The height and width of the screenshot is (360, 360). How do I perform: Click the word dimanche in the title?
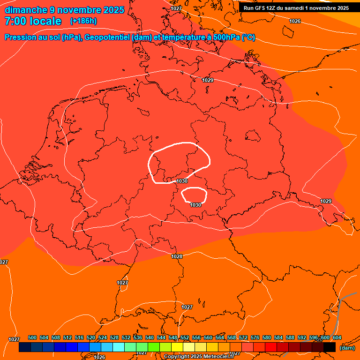click(x=25, y=10)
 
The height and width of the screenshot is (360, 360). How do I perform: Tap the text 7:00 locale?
click(x=33, y=21)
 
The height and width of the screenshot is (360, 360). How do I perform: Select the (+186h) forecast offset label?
click(x=83, y=21)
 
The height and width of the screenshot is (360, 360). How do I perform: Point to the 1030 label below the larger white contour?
click(x=182, y=181)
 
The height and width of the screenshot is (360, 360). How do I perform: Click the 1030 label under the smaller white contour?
click(x=195, y=205)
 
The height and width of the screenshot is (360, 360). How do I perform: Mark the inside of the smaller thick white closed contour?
click(x=194, y=195)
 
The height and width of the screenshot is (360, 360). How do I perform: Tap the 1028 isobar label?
click(x=177, y=256)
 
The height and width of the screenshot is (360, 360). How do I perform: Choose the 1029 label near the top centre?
click(x=208, y=80)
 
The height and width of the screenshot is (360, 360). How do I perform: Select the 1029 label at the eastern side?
click(x=326, y=201)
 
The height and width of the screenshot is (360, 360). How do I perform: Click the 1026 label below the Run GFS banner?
click(x=295, y=22)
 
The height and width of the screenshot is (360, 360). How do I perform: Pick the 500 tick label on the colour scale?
click(x=32, y=337)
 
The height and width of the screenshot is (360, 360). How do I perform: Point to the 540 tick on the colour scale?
click(x=150, y=337)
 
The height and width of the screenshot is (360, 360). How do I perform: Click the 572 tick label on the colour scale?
click(x=243, y=337)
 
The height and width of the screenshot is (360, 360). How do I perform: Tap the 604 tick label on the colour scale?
click(x=337, y=337)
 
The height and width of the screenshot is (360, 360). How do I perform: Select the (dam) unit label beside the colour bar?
click(x=347, y=348)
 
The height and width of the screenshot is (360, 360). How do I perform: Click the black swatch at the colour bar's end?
click(x=330, y=347)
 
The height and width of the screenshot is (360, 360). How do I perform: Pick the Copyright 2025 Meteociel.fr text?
click(x=199, y=357)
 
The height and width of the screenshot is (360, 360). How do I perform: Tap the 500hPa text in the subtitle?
click(x=225, y=37)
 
